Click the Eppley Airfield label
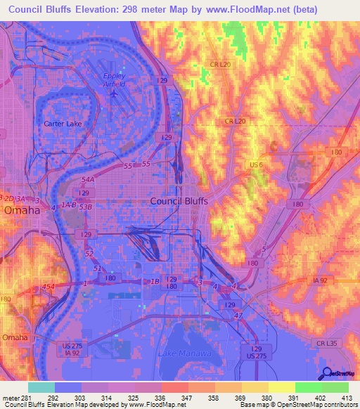pos(114,79)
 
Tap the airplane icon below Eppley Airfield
pos(113,93)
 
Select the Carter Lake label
pos(63,124)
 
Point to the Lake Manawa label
pos(184,352)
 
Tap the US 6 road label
pos(255,164)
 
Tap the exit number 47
pos(238,316)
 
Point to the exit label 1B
pos(155,281)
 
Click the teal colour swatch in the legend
pos(41,387)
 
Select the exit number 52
pos(89,254)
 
